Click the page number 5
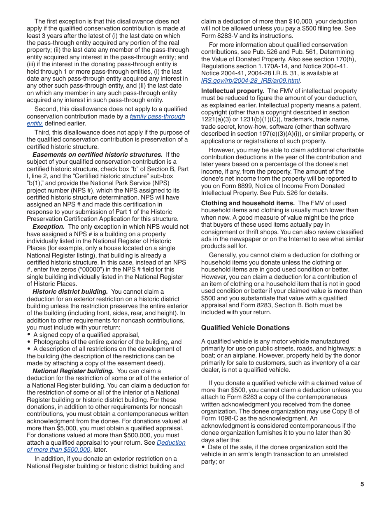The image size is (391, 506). pyautogui.click(x=362, y=484)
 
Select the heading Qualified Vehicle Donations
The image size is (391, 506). pyautogui.click(x=245, y=328)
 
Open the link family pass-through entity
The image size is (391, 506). pyautogui.click(x=157, y=117)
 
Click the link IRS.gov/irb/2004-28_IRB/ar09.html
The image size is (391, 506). pyautogui.click(x=250, y=81)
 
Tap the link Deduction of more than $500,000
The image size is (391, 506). pyautogui.click(x=171, y=443)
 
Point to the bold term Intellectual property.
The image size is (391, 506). pyautogui.click(x=233, y=91)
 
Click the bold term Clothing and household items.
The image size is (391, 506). pyautogui.click(x=248, y=203)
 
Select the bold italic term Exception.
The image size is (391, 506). pyautogui.click(x=49, y=227)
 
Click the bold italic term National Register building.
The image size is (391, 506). pyautogui.click(x=73, y=371)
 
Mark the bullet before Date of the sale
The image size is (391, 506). pyautogui.click(x=203, y=447)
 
